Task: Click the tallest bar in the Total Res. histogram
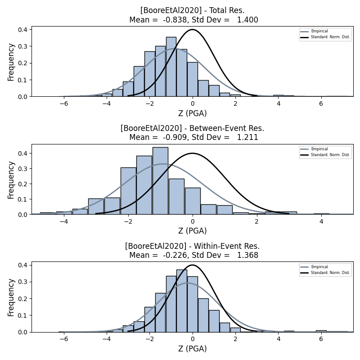(x=171, y=67)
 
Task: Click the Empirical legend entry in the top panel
(x=319, y=31)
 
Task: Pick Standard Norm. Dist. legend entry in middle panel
(x=330, y=155)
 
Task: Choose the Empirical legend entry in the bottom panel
(x=319, y=267)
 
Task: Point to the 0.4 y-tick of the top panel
(x=23, y=30)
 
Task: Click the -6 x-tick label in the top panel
(x=63, y=103)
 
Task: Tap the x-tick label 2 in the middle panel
(x=257, y=221)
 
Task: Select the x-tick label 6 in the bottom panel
(x=321, y=339)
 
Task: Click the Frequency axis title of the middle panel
(x=11, y=180)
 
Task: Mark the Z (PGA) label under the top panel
(x=192, y=113)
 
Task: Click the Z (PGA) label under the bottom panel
(x=192, y=349)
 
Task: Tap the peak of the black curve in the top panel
(x=193, y=30)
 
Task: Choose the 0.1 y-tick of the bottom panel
(x=23, y=315)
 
